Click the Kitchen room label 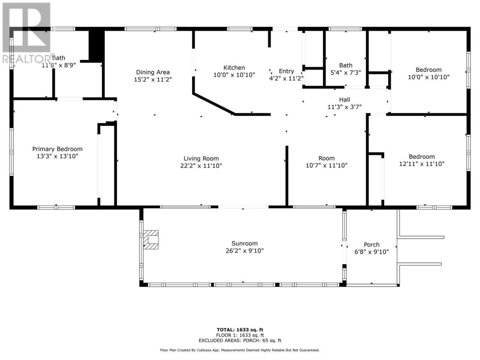pyautogui.click(x=234, y=68)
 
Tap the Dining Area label pyautogui.click(x=153, y=72)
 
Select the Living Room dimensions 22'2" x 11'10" pyautogui.click(x=201, y=166)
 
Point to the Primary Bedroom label pyautogui.click(x=57, y=149)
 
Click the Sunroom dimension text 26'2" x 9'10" pyautogui.click(x=244, y=251)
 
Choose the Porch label pyautogui.click(x=372, y=244)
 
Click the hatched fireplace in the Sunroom pyautogui.click(x=151, y=240)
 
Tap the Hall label pyautogui.click(x=344, y=100)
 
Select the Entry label pyautogui.click(x=286, y=71)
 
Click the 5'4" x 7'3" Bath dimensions pyautogui.click(x=345, y=73)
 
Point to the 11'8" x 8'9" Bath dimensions pyautogui.click(x=58, y=65)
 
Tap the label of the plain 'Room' pyautogui.click(x=326, y=158)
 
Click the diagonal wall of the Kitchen pyautogui.click(x=214, y=104)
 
